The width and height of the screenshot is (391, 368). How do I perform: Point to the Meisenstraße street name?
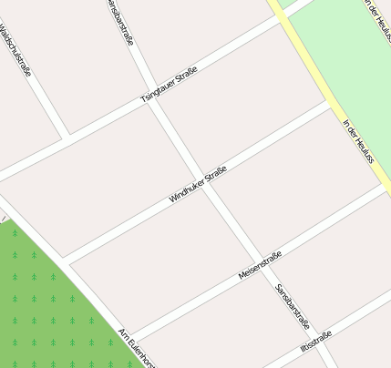coord(260,265)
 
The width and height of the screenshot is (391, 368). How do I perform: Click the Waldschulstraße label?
coord(15,51)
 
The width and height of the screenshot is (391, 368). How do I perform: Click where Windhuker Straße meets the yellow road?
coord(331,105)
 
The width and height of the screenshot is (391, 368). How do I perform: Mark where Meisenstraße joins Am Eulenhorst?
coord(132,338)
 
